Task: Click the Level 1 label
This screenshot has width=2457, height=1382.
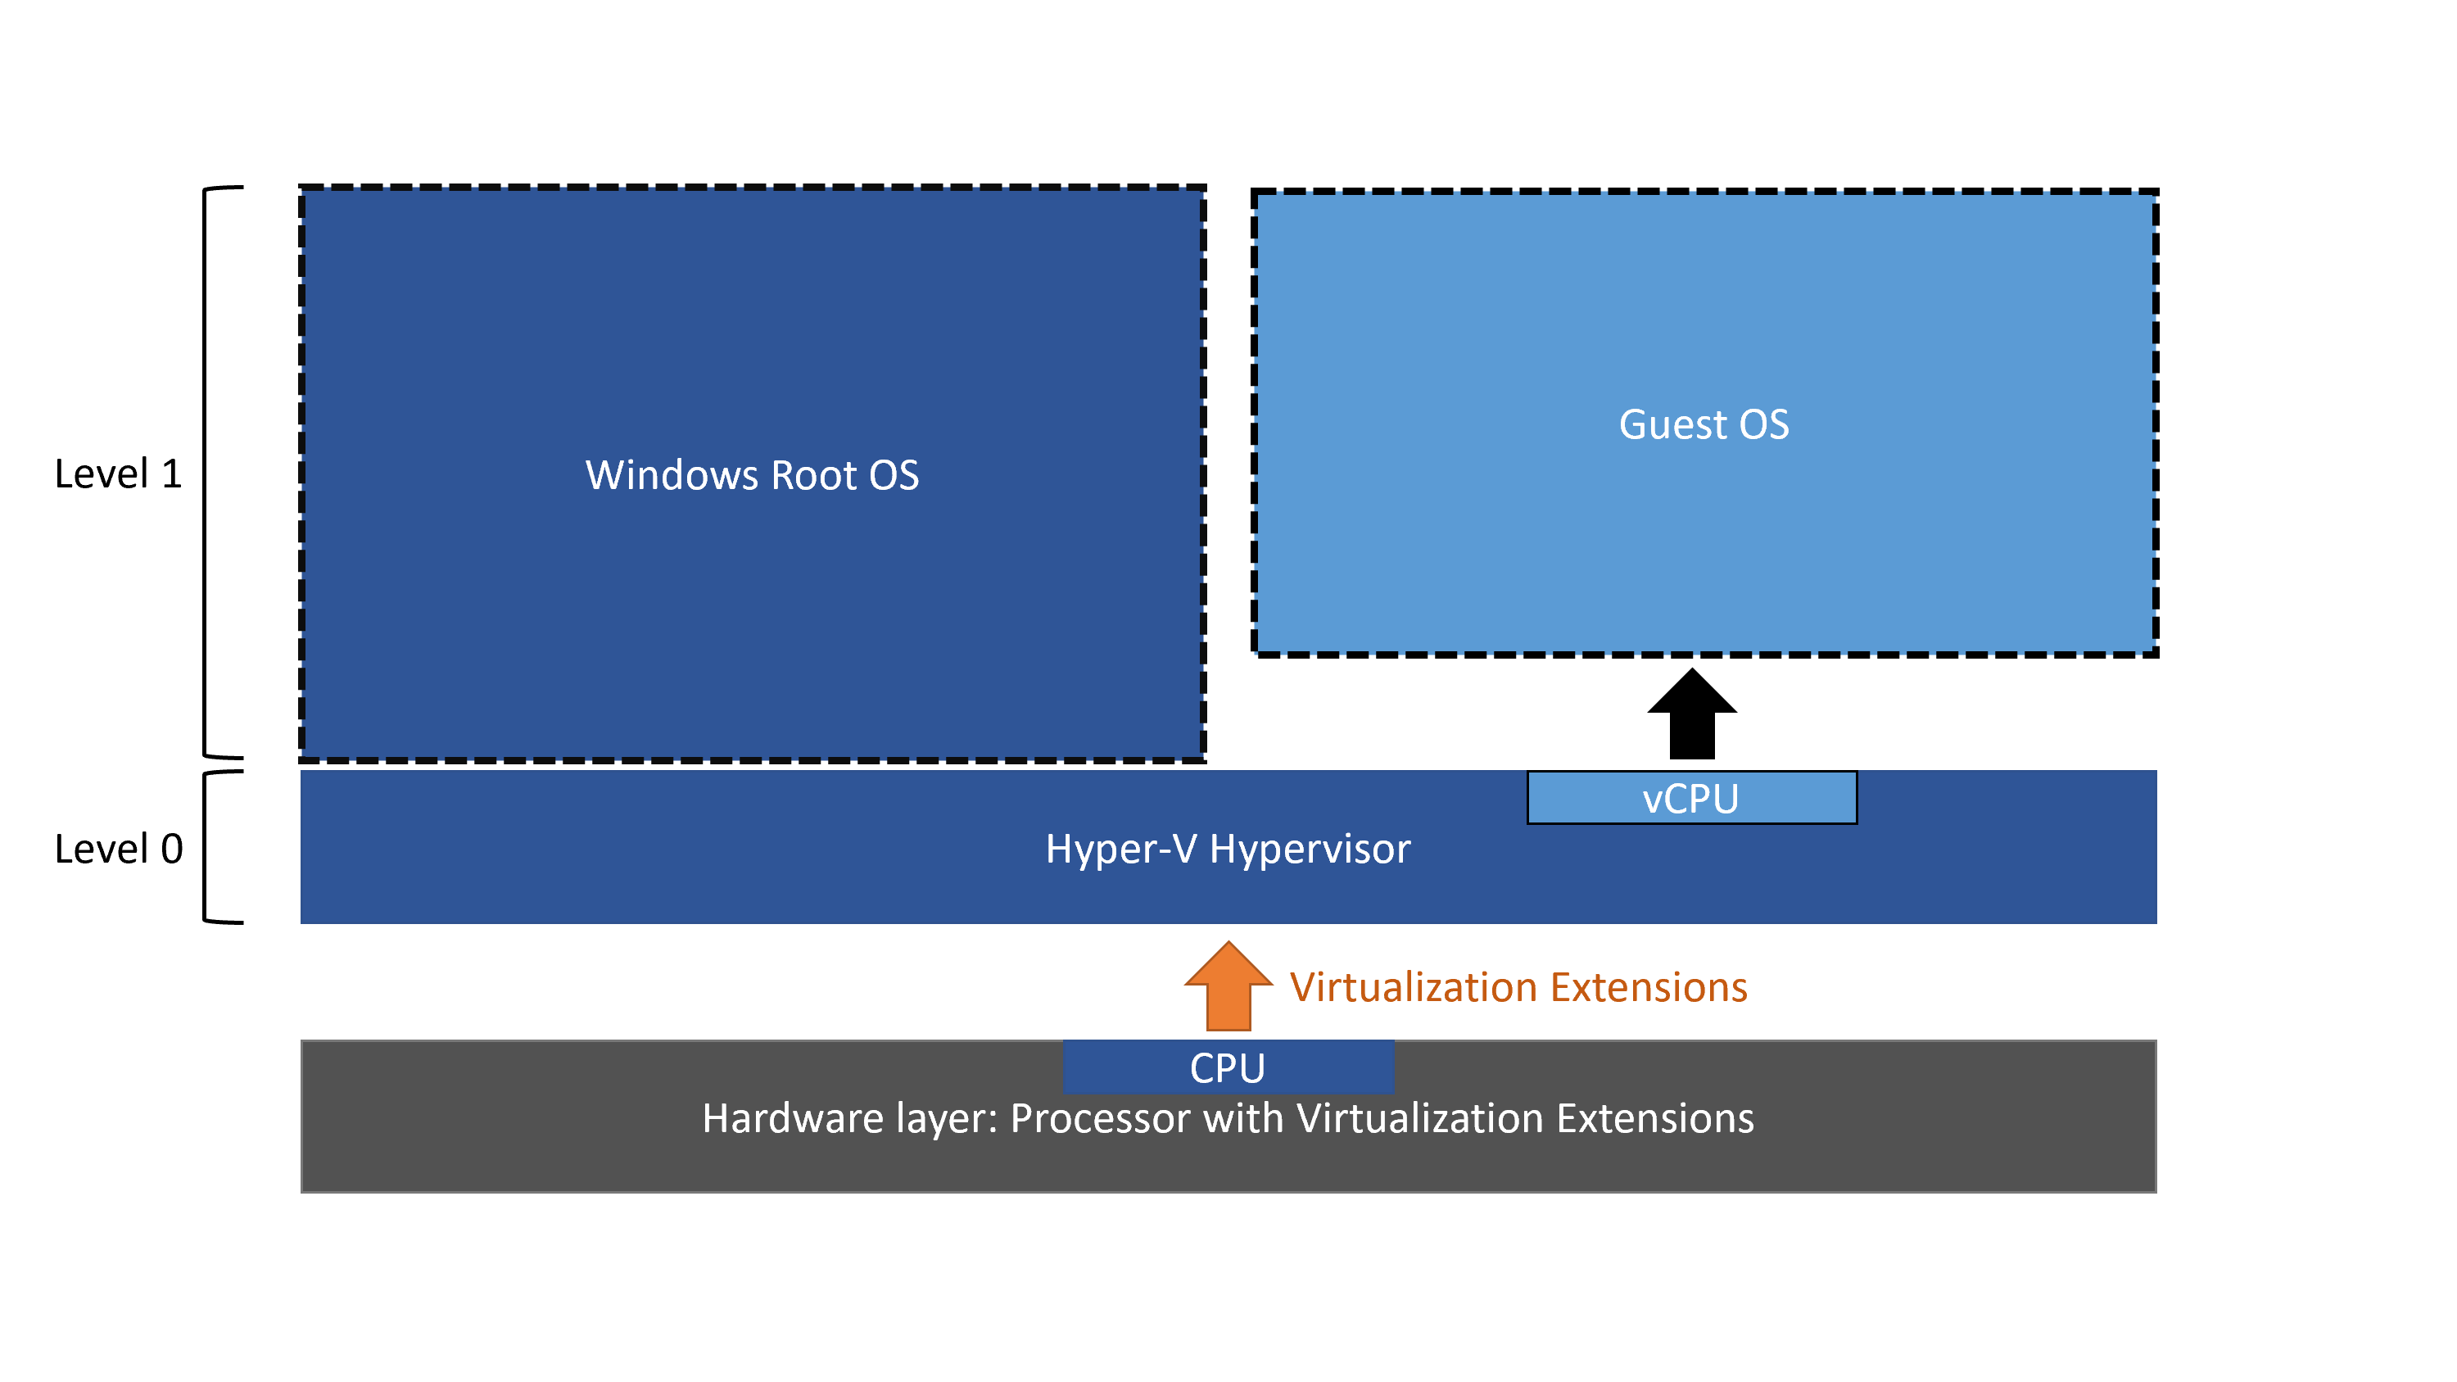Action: (118, 474)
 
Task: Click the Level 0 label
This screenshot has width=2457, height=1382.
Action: (118, 849)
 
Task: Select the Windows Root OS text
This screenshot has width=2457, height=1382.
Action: (752, 475)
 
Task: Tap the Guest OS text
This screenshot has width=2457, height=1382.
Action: (1704, 424)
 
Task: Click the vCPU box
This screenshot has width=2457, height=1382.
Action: (1691, 798)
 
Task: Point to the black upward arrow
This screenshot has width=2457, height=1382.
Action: (1691, 715)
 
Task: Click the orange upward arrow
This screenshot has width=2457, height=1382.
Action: (1228, 988)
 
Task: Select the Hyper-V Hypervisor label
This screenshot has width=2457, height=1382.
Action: (1228, 849)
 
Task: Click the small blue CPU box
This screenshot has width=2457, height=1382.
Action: (1228, 1067)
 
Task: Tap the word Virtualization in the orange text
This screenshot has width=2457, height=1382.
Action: (1412, 987)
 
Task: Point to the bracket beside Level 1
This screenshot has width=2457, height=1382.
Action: (210, 473)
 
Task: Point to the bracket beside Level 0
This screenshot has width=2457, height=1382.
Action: (210, 848)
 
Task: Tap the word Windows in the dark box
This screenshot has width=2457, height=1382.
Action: (672, 475)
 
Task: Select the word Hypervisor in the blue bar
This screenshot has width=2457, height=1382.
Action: (1310, 849)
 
